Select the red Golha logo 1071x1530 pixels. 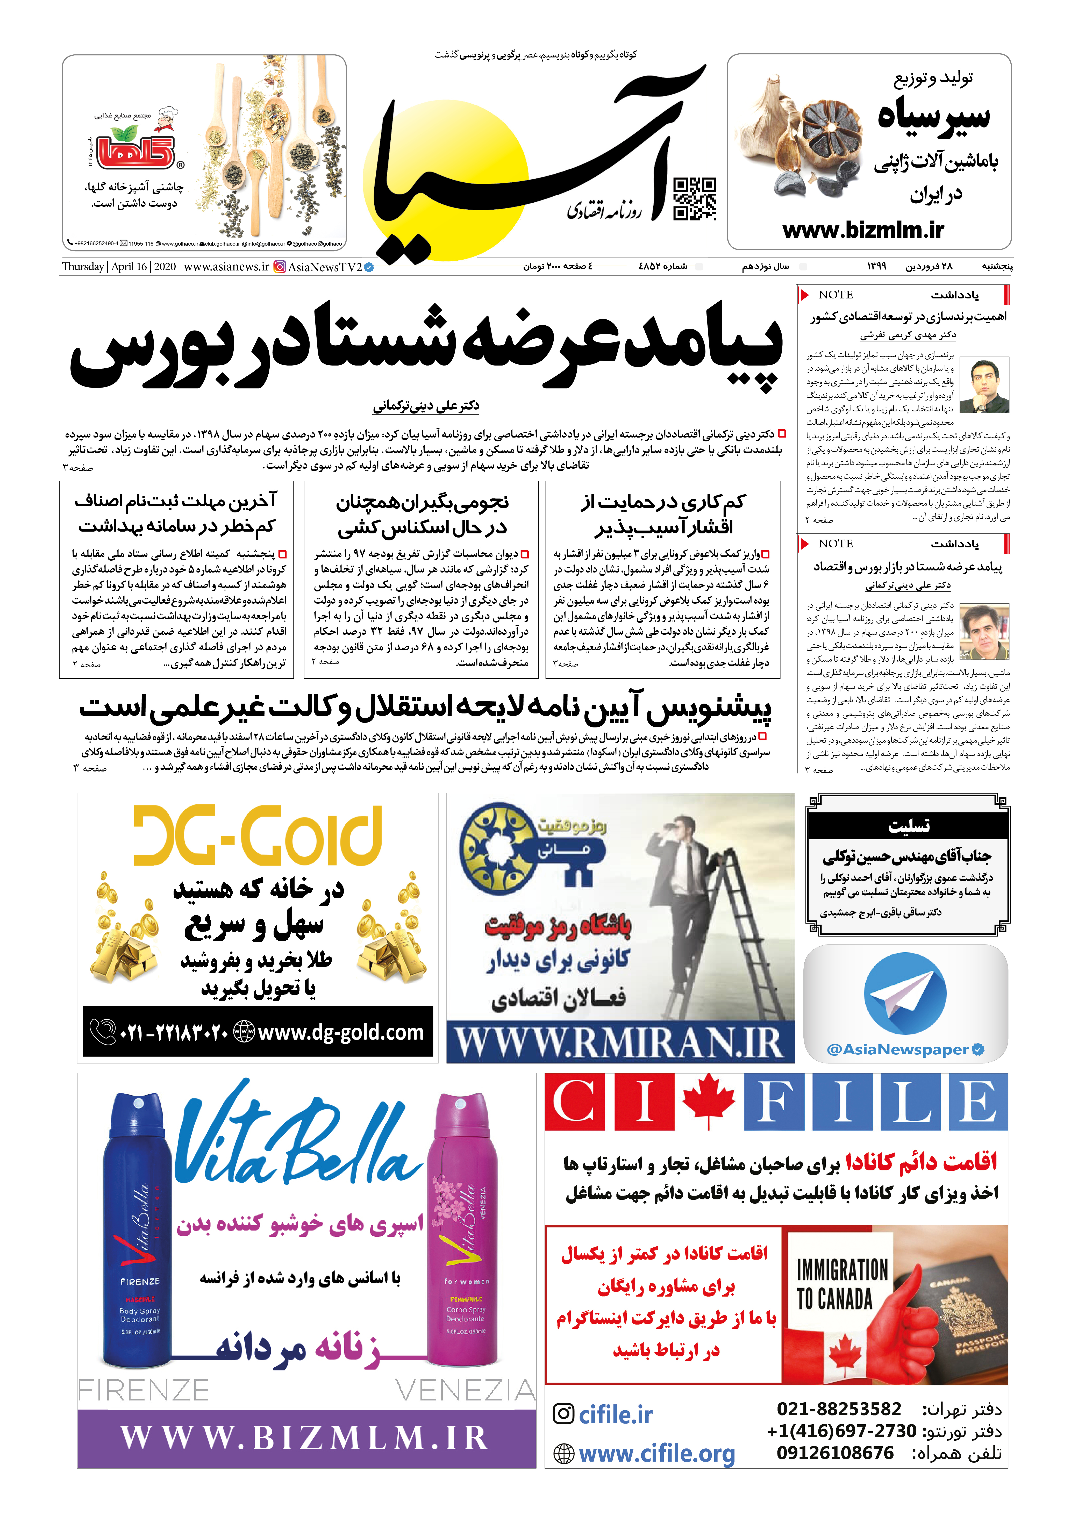click(x=135, y=152)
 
